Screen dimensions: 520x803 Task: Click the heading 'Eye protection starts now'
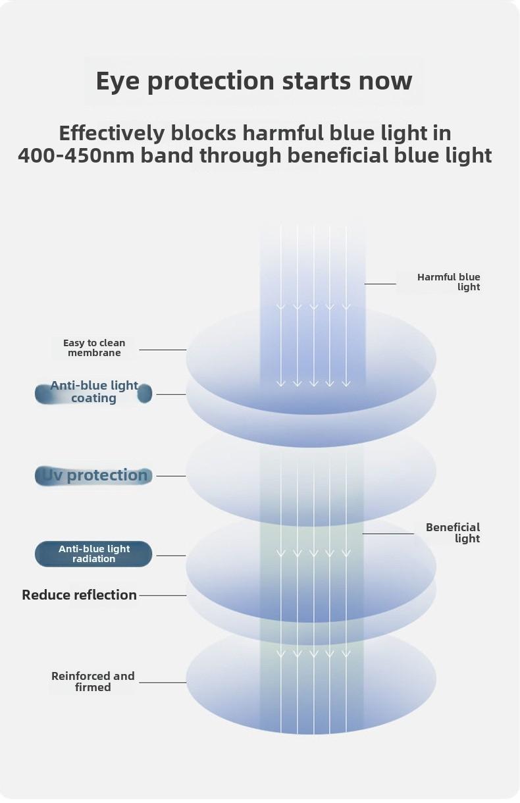[x=254, y=81]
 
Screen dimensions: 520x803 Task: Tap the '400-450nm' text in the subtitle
[x=76, y=155]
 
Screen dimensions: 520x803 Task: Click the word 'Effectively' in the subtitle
[x=111, y=133]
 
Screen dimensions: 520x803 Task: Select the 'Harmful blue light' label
[x=448, y=282]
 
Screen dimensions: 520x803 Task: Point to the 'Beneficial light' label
[x=453, y=532]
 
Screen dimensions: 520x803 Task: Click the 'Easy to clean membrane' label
[x=94, y=348]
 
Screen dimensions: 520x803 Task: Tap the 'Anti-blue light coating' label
[x=94, y=392]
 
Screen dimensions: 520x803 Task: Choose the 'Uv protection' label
[x=93, y=476]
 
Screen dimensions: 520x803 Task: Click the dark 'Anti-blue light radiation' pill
[x=93, y=554]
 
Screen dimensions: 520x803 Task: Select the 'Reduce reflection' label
[x=79, y=595]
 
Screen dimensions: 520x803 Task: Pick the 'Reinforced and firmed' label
[x=93, y=681]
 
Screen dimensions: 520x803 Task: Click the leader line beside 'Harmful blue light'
[x=380, y=284]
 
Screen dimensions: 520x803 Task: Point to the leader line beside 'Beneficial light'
[x=388, y=533]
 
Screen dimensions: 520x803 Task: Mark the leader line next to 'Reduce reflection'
[x=163, y=595]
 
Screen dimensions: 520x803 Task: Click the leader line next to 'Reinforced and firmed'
[x=163, y=682]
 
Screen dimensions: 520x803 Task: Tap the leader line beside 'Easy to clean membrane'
[x=163, y=350]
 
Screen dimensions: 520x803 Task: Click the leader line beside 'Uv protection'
[x=171, y=476]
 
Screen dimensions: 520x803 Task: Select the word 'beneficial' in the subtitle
[x=338, y=155]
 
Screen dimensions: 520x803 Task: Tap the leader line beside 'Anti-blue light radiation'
[x=171, y=556]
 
